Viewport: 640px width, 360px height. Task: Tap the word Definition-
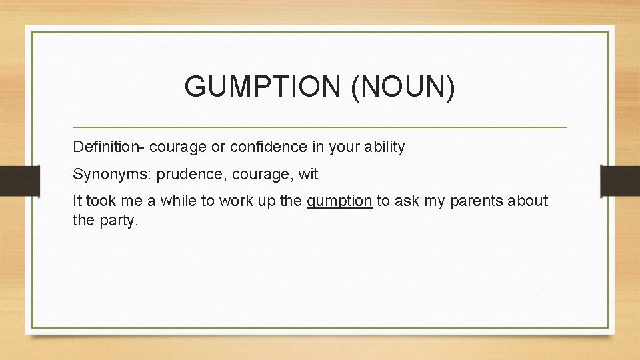106,147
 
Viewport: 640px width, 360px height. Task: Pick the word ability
382,147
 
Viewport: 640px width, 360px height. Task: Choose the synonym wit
309,175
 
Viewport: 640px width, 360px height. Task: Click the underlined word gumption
339,201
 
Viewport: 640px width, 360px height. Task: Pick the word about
527,201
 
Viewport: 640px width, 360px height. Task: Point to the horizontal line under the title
319,127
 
